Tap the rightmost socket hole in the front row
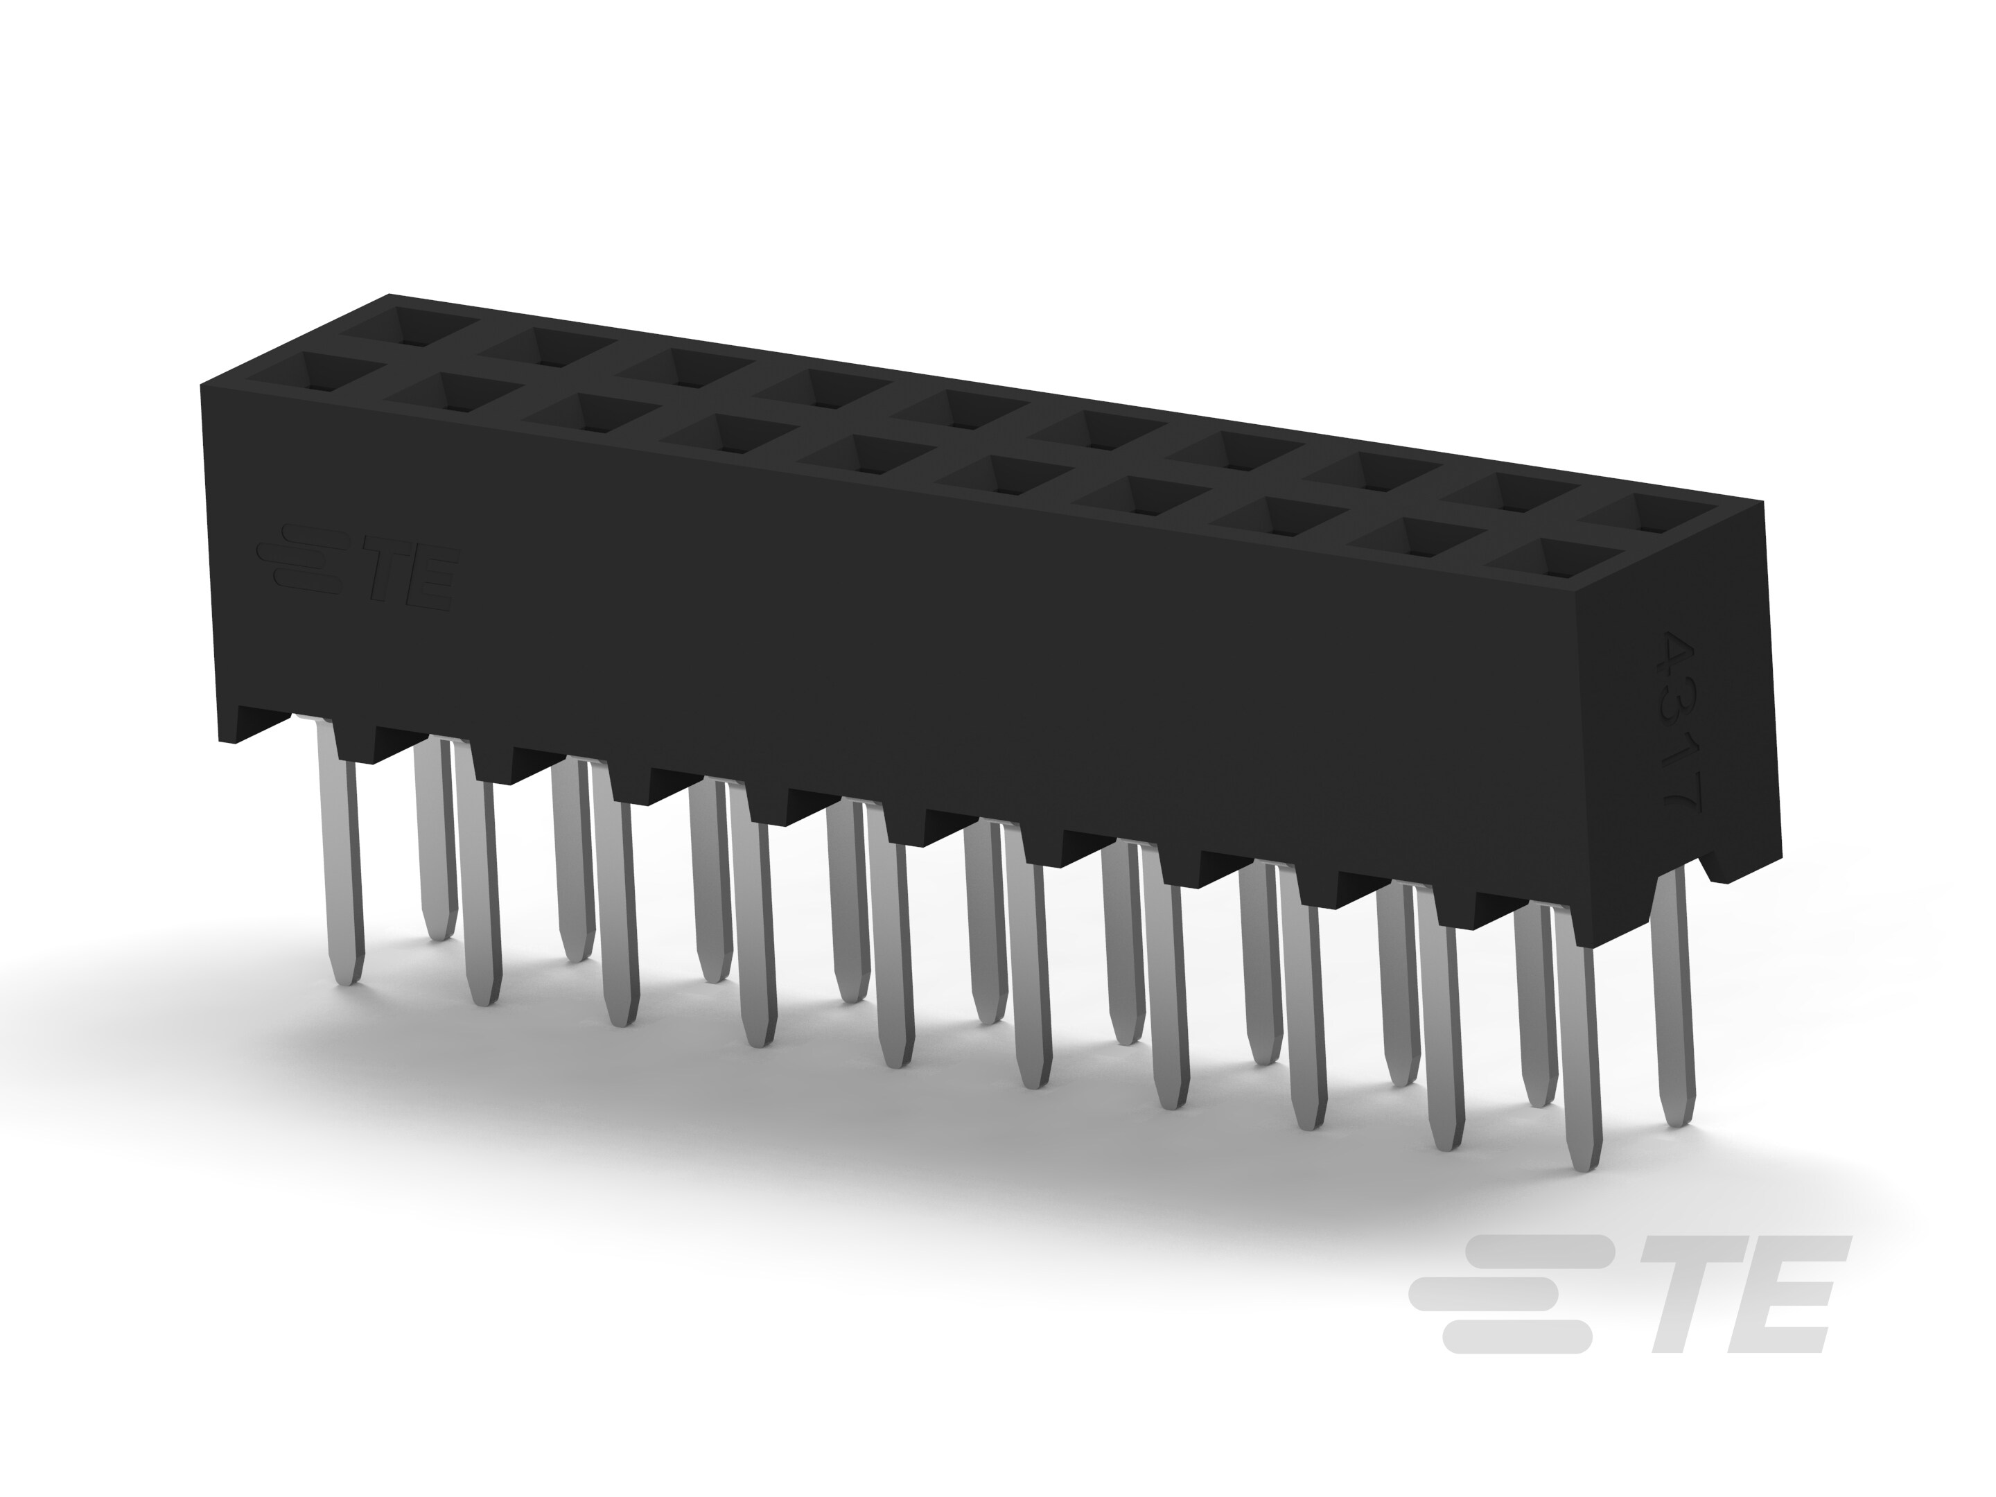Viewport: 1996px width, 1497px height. click(x=1545, y=559)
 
